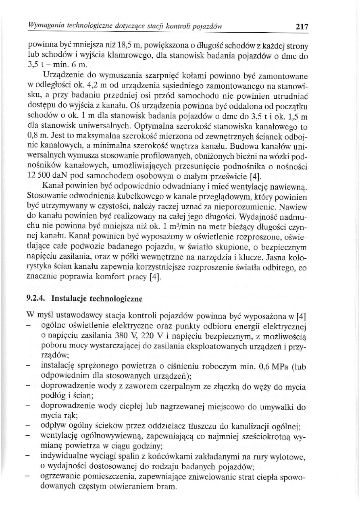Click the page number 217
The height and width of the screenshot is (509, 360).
[x=302, y=27]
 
